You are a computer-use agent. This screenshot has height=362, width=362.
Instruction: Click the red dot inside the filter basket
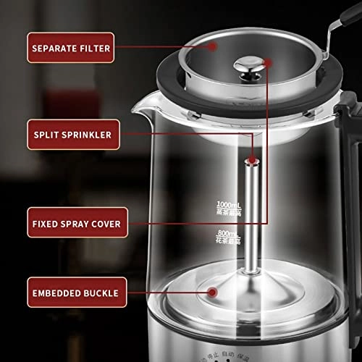pos(213,45)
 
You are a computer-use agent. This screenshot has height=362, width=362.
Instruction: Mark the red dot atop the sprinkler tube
pos(252,159)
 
